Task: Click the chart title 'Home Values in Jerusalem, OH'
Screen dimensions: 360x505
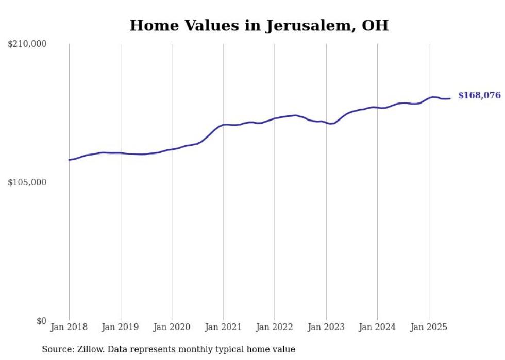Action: point(259,25)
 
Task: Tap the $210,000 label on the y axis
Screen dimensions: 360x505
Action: point(27,44)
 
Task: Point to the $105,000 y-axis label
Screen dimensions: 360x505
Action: point(27,182)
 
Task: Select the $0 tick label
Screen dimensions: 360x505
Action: point(41,321)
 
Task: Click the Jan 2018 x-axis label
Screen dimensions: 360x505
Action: point(69,327)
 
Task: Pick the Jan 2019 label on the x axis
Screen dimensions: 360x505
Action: point(121,327)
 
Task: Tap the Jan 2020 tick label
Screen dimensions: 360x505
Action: point(172,327)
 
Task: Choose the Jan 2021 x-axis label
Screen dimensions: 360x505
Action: point(223,327)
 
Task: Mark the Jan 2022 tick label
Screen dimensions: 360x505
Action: point(275,327)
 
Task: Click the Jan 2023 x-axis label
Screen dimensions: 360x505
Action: point(326,327)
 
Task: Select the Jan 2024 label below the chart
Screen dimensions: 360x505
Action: point(377,327)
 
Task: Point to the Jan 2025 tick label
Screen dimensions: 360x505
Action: point(429,327)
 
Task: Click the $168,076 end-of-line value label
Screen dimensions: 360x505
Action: point(479,95)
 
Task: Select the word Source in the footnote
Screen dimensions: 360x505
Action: point(56,349)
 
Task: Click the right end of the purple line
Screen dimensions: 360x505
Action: point(450,98)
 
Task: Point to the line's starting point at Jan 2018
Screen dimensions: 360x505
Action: point(69,160)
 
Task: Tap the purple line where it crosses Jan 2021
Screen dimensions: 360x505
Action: point(223,125)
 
